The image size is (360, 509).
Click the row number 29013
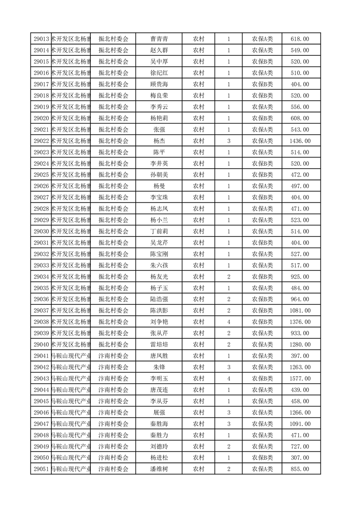[x=41, y=39]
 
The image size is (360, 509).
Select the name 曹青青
[x=159, y=39]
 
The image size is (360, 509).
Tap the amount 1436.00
[x=300, y=141]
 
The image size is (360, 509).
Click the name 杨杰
[x=159, y=141]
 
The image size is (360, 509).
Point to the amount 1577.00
[x=300, y=379]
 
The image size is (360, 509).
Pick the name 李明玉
[x=159, y=379]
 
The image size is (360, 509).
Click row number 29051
[x=41, y=469]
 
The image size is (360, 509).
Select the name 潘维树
[x=159, y=469]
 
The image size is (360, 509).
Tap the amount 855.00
[x=300, y=469]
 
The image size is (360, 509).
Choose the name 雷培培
[x=159, y=345]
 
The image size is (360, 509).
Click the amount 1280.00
[x=300, y=345]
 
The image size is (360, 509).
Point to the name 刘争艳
[x=159, y=322]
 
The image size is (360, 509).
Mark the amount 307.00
[x=300, y=458]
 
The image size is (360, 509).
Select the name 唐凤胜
[x=159, y=356]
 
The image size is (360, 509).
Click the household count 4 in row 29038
[x=228, y=322]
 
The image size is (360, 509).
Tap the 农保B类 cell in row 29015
[x=262, y=62]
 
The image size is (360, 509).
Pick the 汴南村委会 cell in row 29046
[x=113, y=413]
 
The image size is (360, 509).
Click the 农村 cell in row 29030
[x=198, y=231]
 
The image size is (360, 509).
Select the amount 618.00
[x=300, y=39]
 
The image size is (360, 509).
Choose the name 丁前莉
[x=159, y=231]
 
